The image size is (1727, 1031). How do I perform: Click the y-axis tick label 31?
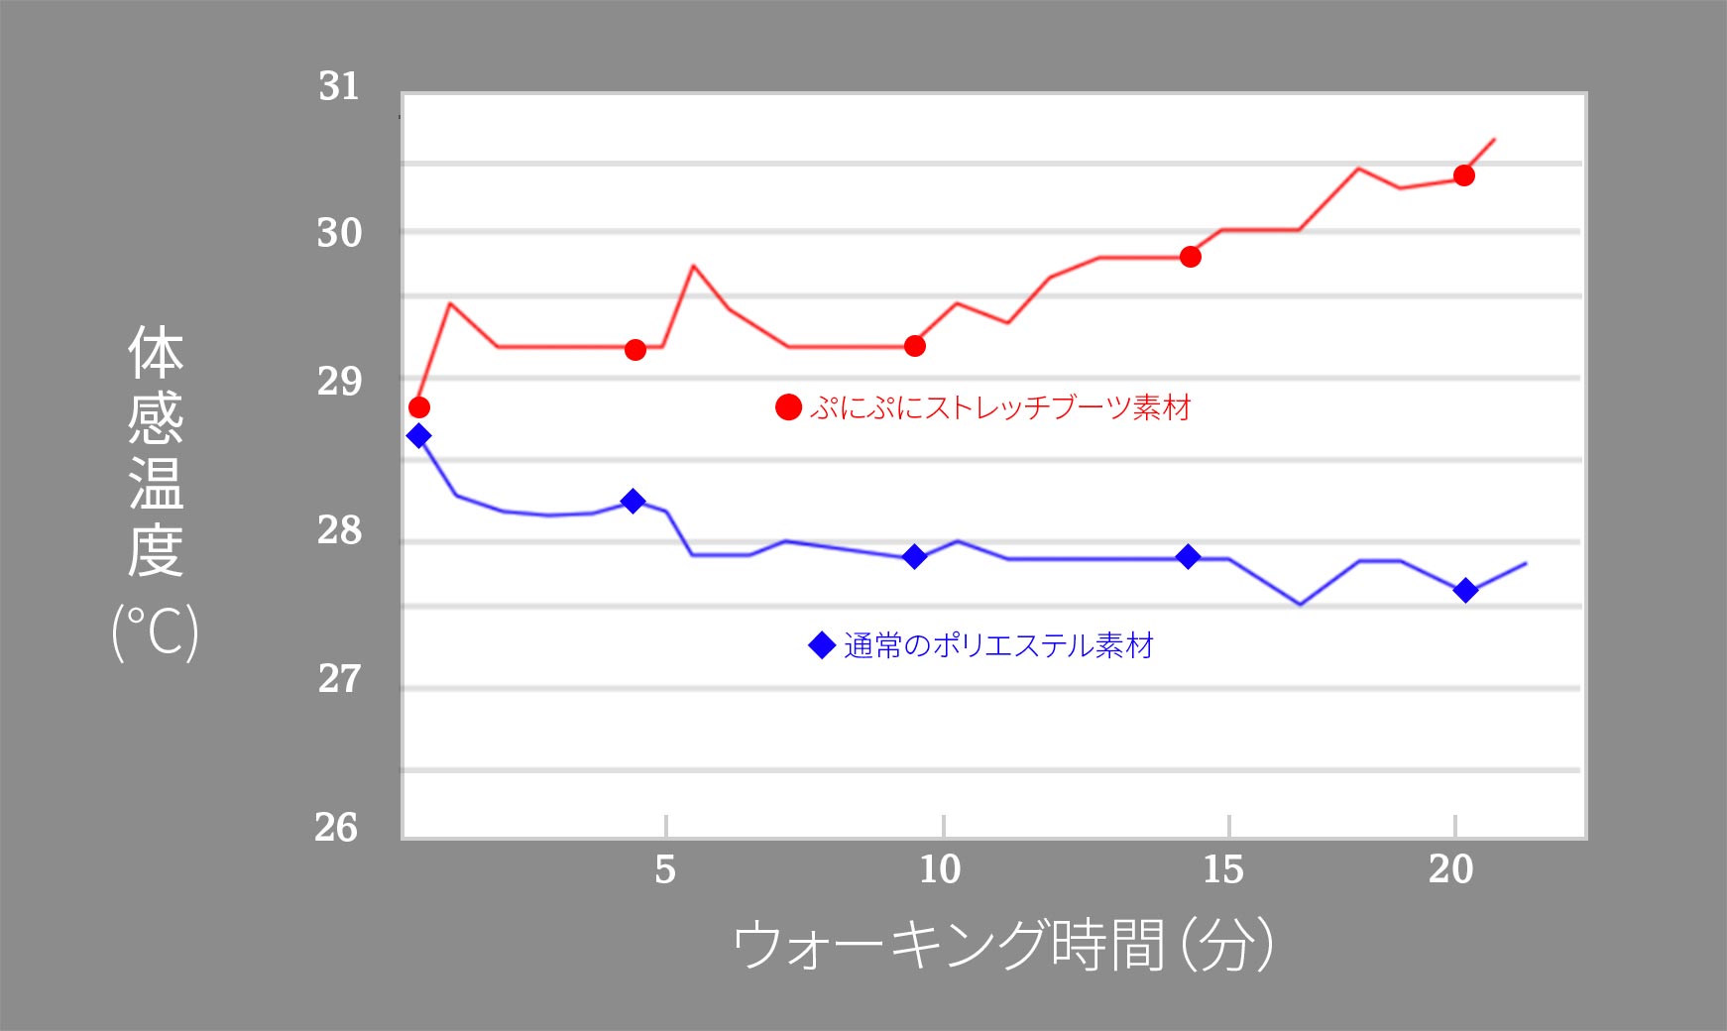click(339, 87)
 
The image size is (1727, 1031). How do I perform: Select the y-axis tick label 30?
click(339, 234)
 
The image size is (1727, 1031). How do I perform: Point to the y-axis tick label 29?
click(339, 382)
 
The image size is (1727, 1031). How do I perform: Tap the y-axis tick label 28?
click(339, 531)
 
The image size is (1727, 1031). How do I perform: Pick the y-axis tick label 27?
click(339, 679)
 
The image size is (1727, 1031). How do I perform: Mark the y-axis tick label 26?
click(337, 828)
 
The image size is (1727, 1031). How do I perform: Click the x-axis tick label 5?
click(665, 870)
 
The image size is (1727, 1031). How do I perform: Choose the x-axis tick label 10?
click(940, 870)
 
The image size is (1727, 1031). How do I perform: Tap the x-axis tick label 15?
click(1223, 870)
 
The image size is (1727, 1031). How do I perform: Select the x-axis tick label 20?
click(1451, 870)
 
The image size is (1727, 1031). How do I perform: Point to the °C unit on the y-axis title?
click(156, 631)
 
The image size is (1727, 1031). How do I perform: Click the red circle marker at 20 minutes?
click(1464, 175)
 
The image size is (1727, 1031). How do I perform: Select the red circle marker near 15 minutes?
click(1191, 257)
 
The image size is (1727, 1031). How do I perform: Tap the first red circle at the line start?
click(419, 407)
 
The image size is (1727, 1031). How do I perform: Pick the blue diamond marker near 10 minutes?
click(915, 557)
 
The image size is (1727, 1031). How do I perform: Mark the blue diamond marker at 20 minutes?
click(1465, 591)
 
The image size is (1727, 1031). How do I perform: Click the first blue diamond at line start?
click(419, 436)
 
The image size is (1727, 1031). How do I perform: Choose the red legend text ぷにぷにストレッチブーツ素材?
click(999, 407)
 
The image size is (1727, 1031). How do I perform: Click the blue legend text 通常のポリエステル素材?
click(998, 646)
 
